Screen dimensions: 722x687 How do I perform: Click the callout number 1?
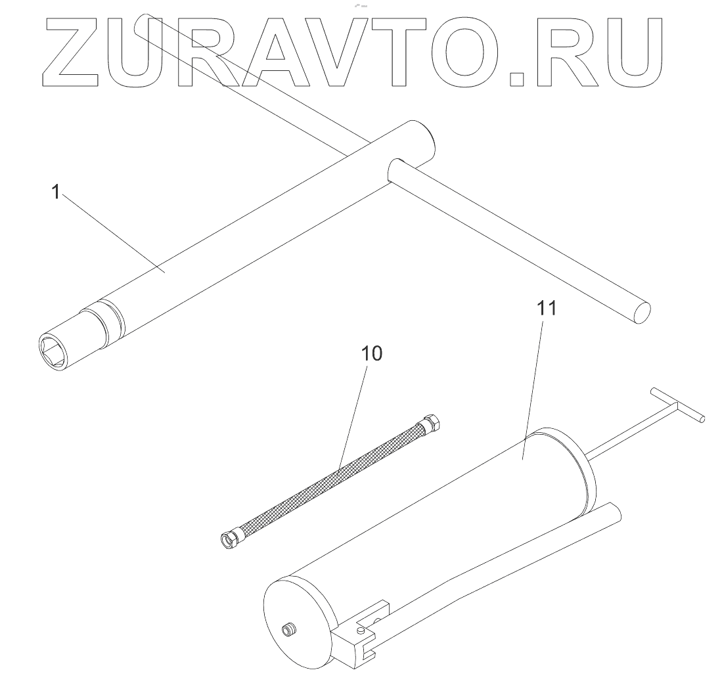click(56, 193)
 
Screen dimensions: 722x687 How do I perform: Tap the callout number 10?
click(371, 354)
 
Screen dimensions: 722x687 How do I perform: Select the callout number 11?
click(547, 308)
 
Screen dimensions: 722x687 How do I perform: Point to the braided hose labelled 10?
click(328, 479)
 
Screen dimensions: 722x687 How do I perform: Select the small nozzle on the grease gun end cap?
click(289, 630)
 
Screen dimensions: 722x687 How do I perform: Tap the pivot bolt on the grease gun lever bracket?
click(363, 632)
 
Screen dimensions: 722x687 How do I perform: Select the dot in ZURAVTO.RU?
click(518, 79)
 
